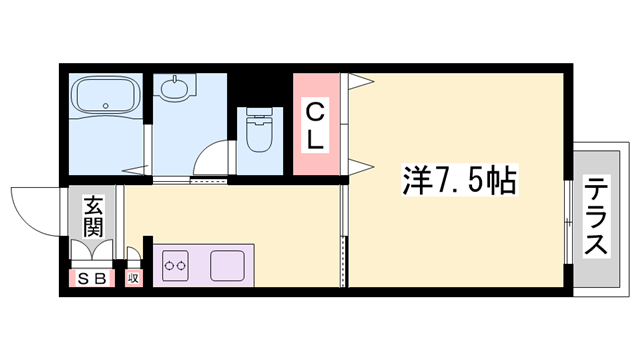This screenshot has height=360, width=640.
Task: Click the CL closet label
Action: [x=314, y=125]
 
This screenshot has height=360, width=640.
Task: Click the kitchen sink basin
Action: [x=229, y=266]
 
